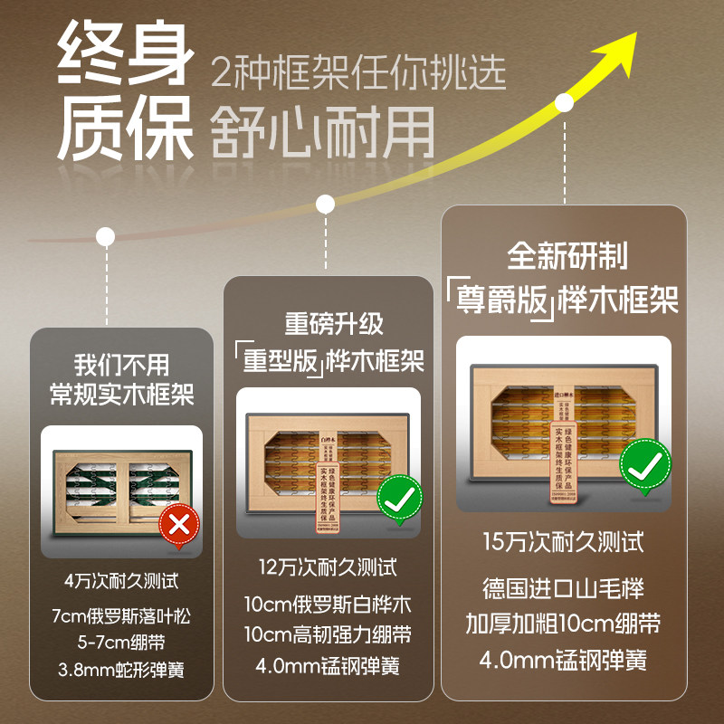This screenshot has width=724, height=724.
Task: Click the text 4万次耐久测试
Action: tap(121, 581)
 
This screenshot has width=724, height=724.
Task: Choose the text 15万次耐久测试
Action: tap(563, 542)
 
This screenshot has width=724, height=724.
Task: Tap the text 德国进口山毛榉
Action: tap(563, 589)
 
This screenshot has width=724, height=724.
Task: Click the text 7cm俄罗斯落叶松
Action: tap(121, 616)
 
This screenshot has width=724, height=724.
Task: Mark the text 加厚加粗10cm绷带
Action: tap(563, 624)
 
